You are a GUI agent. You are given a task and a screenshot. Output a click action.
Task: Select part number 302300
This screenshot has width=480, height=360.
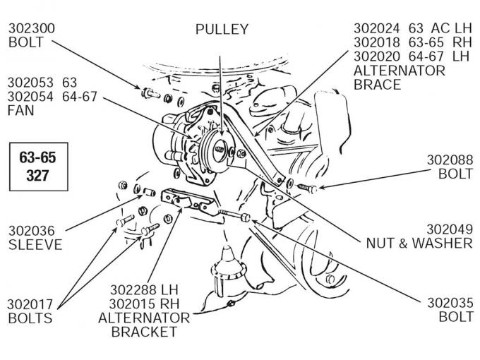(32, 29)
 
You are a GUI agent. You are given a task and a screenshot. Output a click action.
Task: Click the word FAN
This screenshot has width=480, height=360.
(21, 111)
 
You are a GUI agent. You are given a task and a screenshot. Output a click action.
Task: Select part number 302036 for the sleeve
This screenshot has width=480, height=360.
(32, 231)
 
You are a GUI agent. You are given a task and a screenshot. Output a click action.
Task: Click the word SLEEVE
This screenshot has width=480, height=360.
(35, 245)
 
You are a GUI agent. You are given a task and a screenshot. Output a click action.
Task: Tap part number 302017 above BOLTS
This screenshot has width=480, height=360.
(32, 304)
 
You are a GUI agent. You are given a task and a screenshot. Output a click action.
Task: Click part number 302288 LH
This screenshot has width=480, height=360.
(134, 289)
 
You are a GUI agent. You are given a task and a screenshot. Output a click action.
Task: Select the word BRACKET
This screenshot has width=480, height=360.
(144, 332)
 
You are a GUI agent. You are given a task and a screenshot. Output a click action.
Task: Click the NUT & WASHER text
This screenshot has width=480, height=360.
(419, 244)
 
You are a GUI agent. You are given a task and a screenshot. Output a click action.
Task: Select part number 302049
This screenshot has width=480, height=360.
(449, 229)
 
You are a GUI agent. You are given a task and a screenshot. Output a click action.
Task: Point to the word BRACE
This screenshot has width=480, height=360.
(377, 85)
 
